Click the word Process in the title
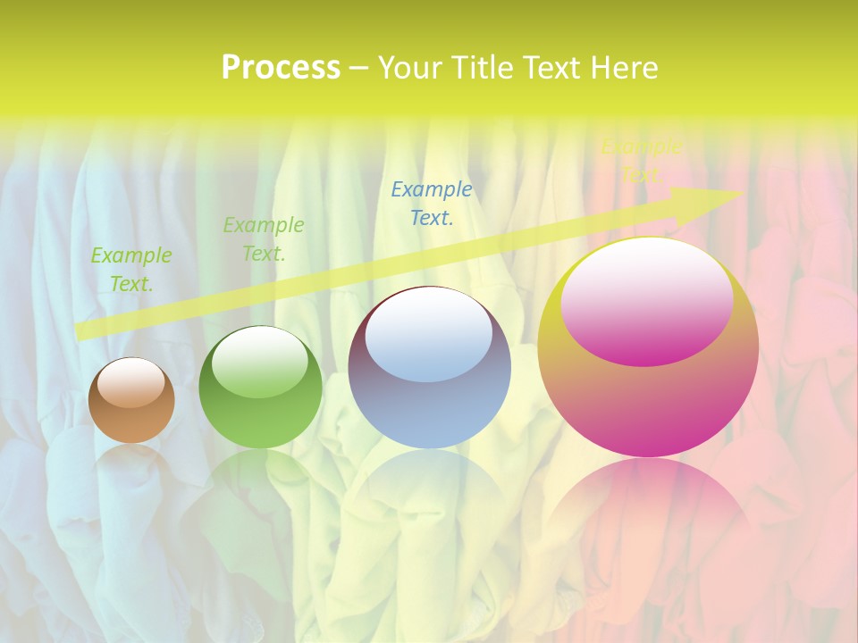(x=281, y=68)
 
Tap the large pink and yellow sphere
(x=648, y=393)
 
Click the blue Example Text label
(x=432, y=204)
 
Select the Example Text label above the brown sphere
(x=131, y=270)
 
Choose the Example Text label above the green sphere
(x=264, y=239)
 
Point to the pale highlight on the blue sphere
(x=429, y=335)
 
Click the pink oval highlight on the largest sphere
(x=646, y=302)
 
